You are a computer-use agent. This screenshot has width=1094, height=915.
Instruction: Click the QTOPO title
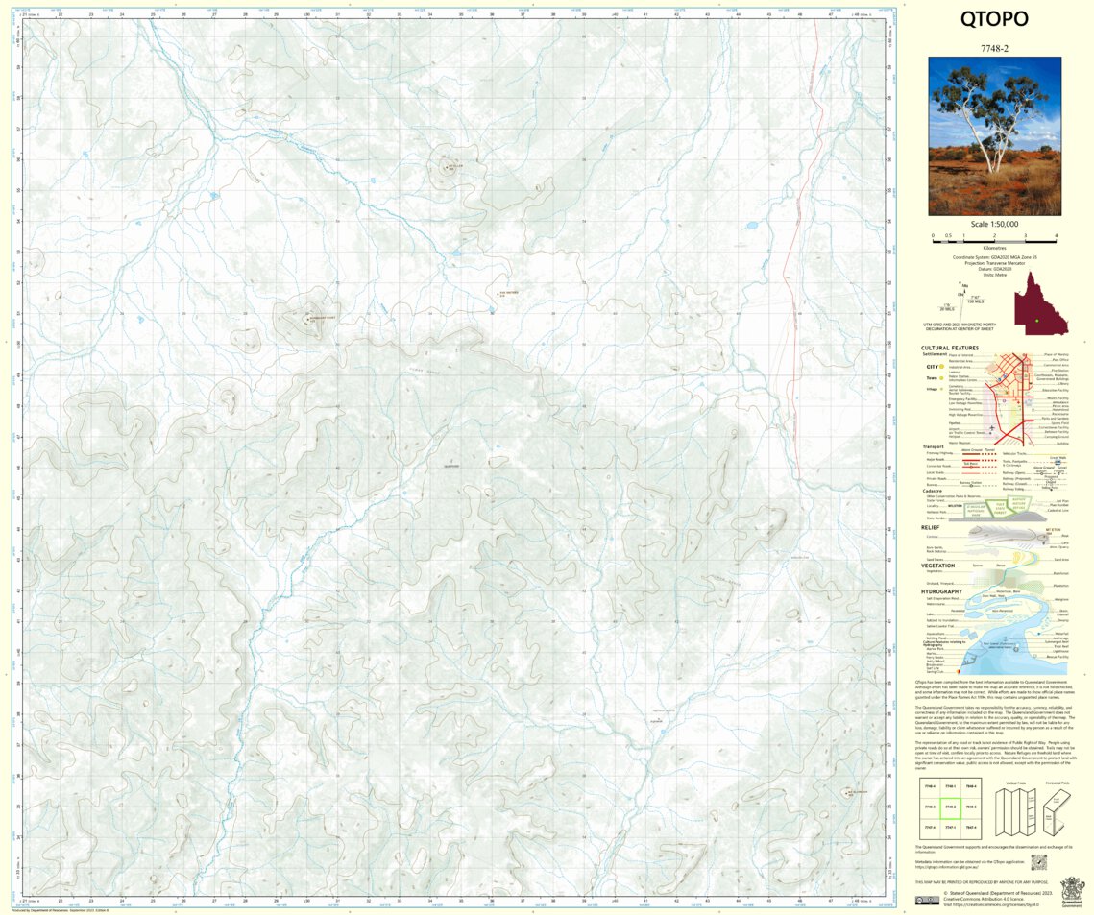pos(994,20)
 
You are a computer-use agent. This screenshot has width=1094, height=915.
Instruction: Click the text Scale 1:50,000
pos(994,224)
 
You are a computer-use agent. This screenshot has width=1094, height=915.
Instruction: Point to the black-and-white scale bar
pos(994,234)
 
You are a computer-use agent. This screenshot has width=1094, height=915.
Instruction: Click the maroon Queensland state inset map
pos(1038,302)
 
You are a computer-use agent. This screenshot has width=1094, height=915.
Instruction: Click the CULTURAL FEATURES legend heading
pos(949,349)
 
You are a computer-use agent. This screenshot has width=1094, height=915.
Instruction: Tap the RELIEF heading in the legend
pos(931,527)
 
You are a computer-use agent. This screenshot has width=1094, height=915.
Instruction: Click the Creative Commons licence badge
pos(927,900)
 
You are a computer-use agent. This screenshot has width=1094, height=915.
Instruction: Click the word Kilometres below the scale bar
pos(994,247)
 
